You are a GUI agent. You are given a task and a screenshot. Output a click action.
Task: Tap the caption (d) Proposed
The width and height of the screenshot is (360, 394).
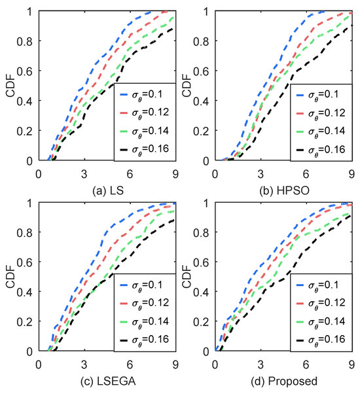click(283, 380)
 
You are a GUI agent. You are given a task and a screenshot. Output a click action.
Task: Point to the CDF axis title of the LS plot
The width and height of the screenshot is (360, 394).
click(9, 86)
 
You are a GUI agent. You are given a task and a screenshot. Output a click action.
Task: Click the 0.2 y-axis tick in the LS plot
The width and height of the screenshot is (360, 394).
click(27, 130)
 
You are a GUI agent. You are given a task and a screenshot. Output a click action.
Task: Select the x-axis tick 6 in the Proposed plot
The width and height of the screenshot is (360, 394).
click(306, 365)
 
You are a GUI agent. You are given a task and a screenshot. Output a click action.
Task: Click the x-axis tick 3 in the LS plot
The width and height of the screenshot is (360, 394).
click(84, 173)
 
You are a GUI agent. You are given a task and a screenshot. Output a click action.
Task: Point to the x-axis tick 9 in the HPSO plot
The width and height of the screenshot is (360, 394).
click(351, 173)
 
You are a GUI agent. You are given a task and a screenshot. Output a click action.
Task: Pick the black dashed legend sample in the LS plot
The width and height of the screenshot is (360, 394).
click(128, 149)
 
